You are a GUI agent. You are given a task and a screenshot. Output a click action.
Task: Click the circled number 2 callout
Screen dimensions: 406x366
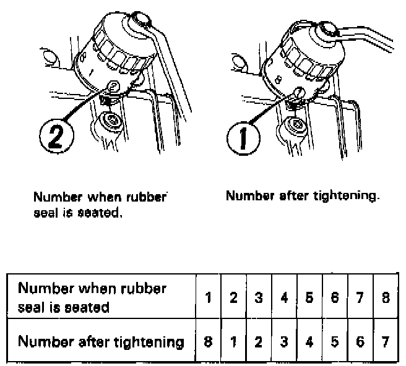pos(57,136)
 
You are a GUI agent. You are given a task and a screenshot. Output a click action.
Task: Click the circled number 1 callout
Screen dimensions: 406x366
pos(243,138)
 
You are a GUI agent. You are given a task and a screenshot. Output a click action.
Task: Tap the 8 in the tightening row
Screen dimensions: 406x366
pos(208,342)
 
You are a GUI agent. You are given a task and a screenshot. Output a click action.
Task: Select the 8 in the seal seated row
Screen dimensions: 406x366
pos(386,297)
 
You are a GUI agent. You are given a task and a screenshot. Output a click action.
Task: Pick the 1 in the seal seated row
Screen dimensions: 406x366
pos(208,297)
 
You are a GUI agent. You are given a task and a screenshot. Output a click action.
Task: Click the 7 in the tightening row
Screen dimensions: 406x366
pos(386,342)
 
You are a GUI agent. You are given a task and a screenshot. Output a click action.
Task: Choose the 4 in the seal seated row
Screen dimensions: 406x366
pos(284,297)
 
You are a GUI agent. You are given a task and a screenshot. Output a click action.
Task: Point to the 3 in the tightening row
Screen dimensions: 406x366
pos(284,342)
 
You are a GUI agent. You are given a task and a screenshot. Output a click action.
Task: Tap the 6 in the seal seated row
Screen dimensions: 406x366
pos(335,297)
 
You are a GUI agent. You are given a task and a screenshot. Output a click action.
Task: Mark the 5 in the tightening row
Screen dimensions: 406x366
pos(335,342)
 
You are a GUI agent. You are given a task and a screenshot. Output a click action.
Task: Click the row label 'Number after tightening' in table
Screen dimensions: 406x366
pos(101,342)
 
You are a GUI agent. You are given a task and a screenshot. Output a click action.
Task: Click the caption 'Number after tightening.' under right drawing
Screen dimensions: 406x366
pos(303,197)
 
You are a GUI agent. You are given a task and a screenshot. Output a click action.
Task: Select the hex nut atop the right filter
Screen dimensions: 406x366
pos(327,30)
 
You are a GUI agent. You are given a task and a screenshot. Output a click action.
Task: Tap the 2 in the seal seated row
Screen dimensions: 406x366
pos(233,297)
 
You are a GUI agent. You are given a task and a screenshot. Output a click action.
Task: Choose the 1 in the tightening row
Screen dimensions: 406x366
pos(233,342)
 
